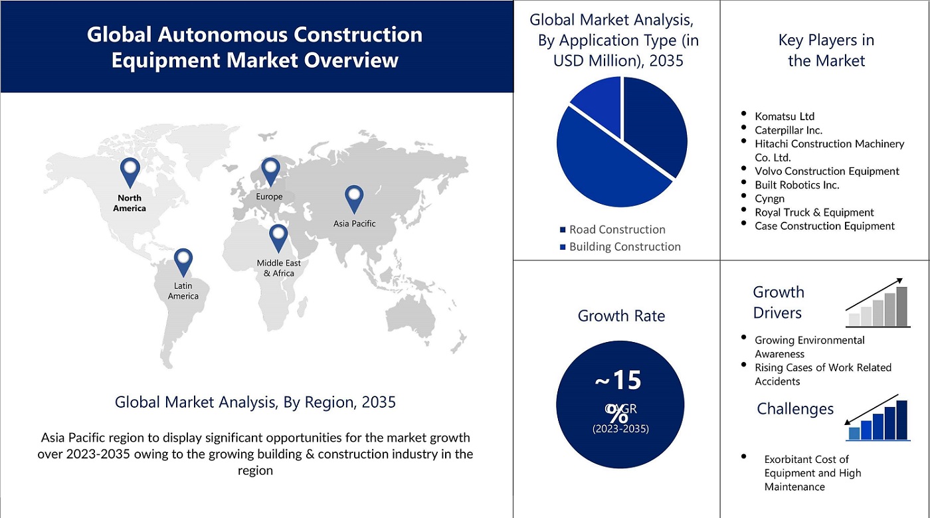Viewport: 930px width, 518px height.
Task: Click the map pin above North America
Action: coord(130,170)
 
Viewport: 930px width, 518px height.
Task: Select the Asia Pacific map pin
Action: coord(355,197)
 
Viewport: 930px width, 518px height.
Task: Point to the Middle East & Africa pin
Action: coord(278,237)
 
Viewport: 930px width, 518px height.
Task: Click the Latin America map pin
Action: coord(183,261)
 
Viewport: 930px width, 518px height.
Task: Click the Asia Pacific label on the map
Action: coord(354,224)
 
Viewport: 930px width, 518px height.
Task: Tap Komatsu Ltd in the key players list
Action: coord(785,116)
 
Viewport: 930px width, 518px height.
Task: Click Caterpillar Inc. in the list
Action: coord(789,130)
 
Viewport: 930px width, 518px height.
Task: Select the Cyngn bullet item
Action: coord(769,199)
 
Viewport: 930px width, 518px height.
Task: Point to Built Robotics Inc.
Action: coord(797,185)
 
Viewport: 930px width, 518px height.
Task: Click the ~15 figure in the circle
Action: coord(618,381)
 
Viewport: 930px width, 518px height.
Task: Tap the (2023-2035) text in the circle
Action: coord(620,429)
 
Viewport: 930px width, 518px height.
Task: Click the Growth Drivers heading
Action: coord(778,302)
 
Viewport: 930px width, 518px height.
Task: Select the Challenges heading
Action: coord(795,409)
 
